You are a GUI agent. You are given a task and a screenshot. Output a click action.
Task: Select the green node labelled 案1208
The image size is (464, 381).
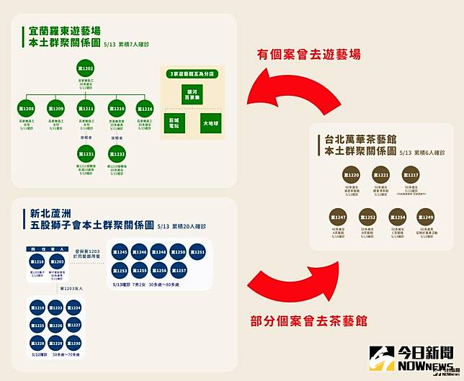pos(27,109)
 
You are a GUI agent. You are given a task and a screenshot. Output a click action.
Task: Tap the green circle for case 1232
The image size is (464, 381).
pos(117,154)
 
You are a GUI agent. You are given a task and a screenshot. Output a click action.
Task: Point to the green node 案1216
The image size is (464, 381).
pos(146,109)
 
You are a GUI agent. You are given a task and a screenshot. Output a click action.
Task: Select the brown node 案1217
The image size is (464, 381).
pos(411,175)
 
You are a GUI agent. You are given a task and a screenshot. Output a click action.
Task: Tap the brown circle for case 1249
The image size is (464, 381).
pos(424,217)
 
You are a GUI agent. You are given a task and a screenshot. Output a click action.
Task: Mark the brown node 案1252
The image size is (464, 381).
pos(368,217)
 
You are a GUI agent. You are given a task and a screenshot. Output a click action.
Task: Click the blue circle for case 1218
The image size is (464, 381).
pos(39,262)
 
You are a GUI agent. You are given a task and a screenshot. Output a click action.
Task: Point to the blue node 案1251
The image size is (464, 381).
pos(200,253)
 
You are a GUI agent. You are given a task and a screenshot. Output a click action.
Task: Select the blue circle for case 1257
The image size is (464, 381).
pos(180,269)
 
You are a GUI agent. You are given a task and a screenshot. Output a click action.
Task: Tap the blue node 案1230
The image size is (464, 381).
pos(73,344)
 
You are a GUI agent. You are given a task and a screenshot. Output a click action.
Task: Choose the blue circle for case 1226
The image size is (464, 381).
pos(56,326)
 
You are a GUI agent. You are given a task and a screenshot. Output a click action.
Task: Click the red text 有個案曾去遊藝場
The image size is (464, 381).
pos(309,55)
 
